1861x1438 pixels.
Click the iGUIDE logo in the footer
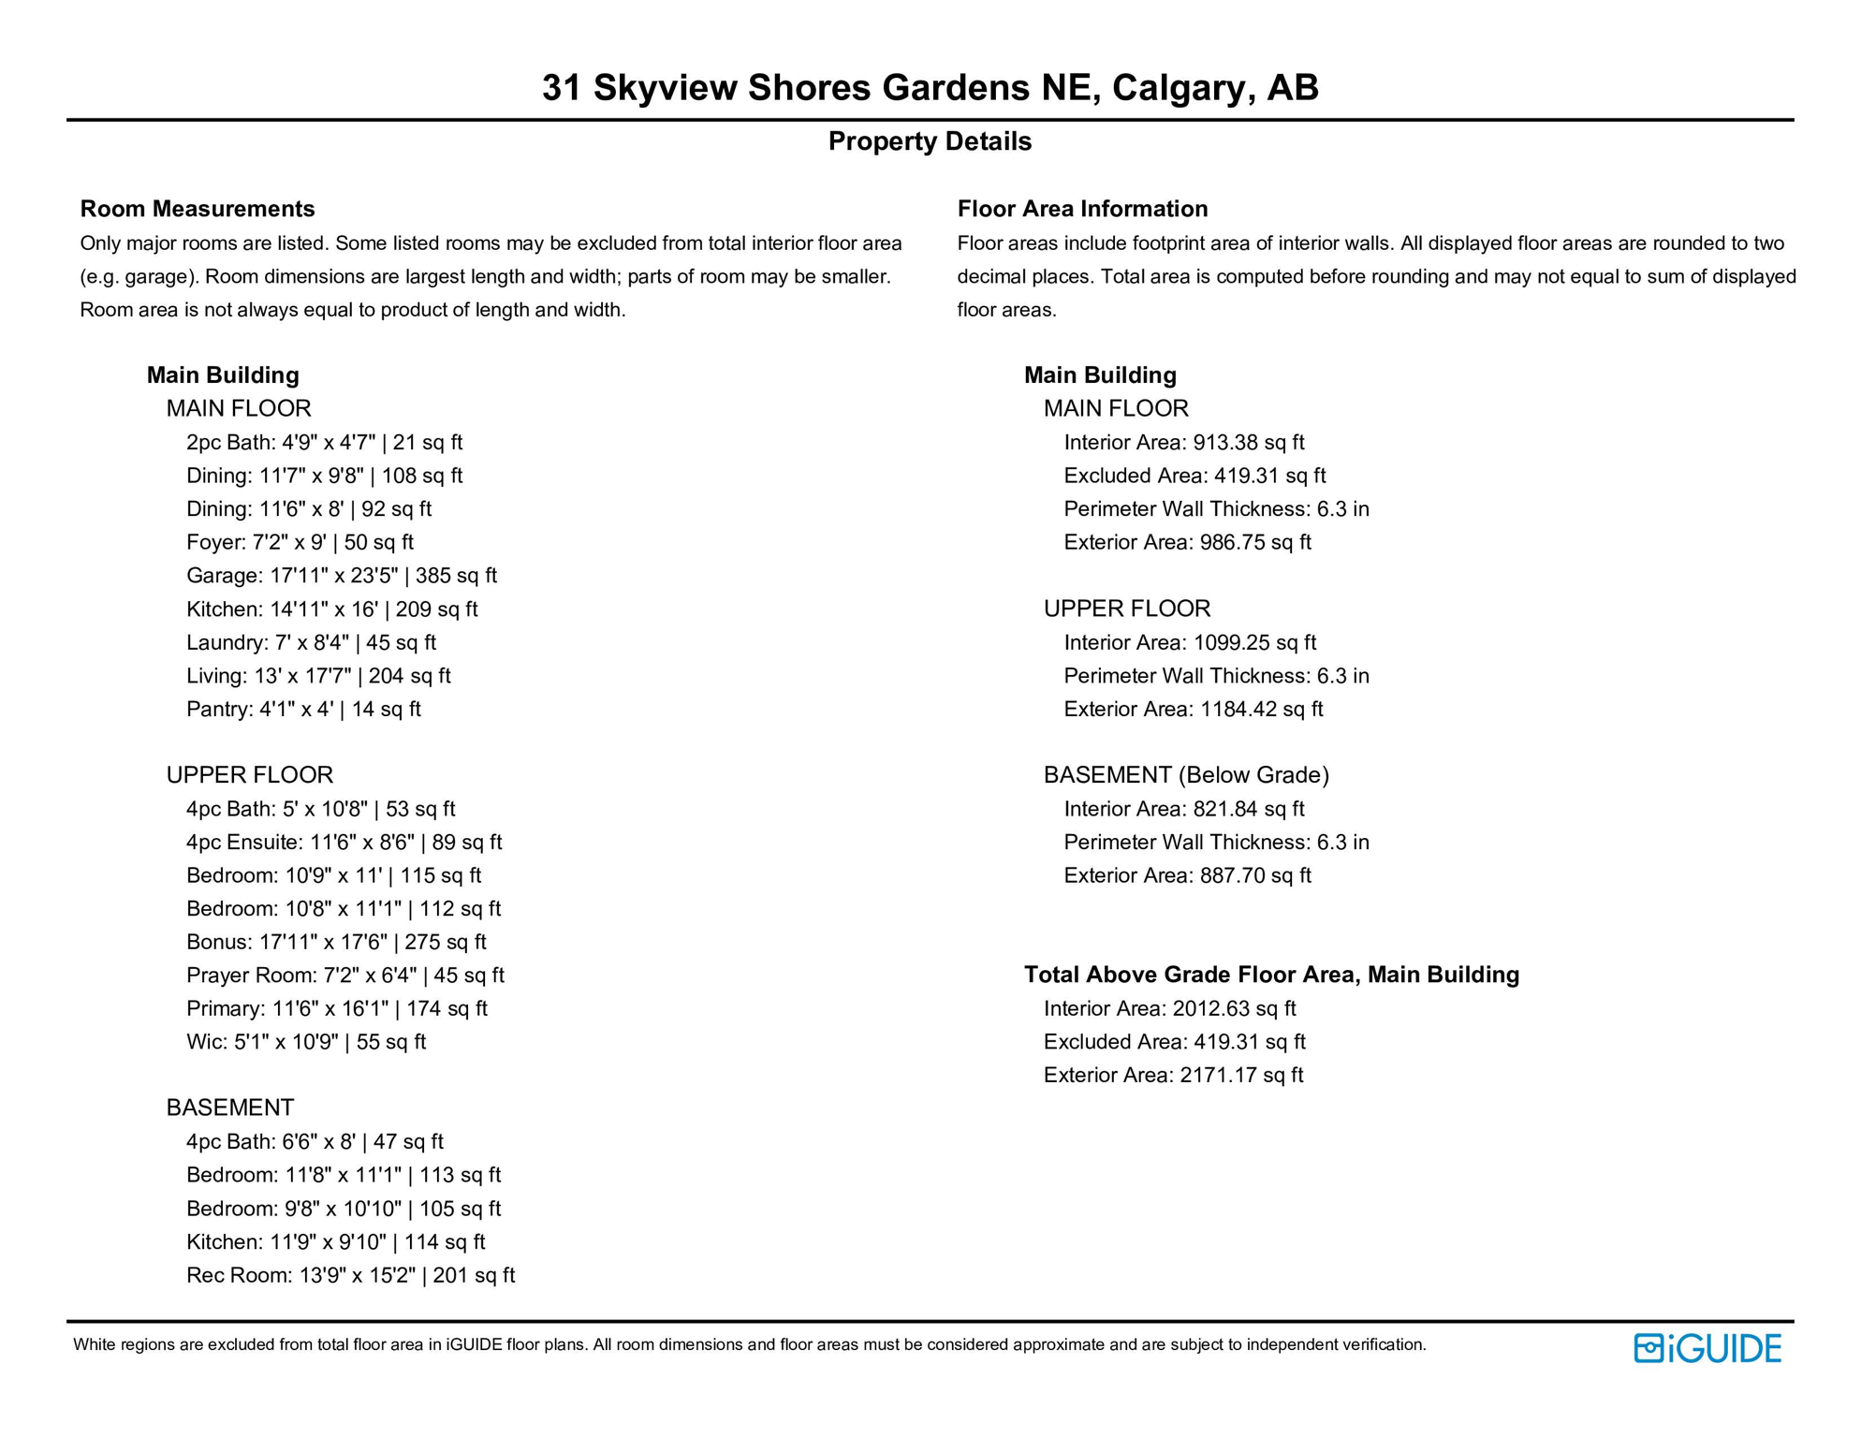(1707, 1348)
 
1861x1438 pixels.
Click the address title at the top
(930, 87)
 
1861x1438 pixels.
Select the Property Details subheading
(930, 141)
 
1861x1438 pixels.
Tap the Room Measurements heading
(198, 209)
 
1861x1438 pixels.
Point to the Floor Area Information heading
(1082, 209)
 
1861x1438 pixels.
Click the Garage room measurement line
(341, 576)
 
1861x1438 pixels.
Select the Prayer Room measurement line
(344, 976)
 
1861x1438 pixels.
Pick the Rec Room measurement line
(350, 1275)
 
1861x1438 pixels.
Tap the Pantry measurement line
(303, 709)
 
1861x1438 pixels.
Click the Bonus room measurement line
(336, 942)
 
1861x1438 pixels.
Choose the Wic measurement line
(306, 1042)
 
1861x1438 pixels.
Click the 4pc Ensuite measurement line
(344, 843)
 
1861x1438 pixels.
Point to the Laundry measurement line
(311, 642)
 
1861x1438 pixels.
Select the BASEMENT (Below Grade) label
(1186, 775)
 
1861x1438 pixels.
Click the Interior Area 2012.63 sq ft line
(1169, 1008)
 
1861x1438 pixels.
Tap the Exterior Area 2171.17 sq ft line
(1173, 1075)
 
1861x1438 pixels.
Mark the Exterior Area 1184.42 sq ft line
(1193, 709)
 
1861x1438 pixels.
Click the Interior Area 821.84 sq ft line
(1183, 809)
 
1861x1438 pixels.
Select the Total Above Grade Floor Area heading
(1271, 975)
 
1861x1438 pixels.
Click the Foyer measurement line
(300, 542)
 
